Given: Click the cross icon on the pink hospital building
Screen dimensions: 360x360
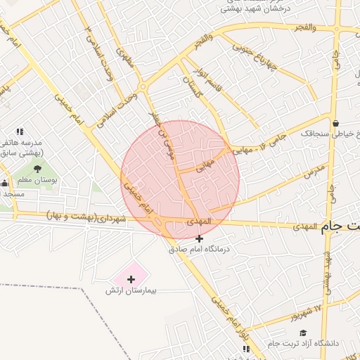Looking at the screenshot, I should coord(131,279).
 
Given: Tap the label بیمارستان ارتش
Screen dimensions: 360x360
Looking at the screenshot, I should coord(130,290).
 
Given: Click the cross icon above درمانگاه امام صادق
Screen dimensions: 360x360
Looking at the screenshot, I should coord(200,238).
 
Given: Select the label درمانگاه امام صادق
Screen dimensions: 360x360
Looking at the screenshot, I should coord(199,248).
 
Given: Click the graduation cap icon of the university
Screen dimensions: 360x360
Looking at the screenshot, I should coord(304,333).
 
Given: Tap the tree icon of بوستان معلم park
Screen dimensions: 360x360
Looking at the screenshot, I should coord(37,168).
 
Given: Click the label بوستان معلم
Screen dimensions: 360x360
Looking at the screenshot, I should coord(35,180).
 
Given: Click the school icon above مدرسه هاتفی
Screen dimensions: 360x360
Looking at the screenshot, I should coord(20,131).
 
